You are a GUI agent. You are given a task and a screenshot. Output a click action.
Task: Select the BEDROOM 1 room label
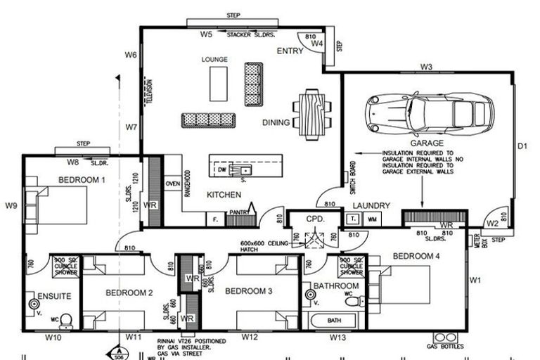click(82, 180)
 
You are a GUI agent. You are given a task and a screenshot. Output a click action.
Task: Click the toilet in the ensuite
click(65, 321)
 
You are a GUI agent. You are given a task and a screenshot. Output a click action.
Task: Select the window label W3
click(426, 67)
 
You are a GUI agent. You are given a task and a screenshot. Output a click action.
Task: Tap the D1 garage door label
click(522, 147)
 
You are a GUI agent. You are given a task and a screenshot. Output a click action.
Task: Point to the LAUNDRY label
click(371, 205)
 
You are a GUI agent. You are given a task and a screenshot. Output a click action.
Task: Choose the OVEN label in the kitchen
click(172, 184)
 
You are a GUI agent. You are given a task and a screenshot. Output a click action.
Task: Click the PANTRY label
click(240, 211)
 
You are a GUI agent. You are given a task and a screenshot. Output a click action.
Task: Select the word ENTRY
click(290, 51)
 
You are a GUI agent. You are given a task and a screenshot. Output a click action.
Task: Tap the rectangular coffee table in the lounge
click(218, 83)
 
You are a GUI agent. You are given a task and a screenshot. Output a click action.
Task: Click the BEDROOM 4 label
click(416, 256)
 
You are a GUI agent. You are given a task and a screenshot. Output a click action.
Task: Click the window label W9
click(11, 206)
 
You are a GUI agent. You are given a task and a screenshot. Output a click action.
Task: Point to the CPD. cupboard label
click(314, 219)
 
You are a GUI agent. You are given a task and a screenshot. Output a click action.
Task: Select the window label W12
click(250, 337)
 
